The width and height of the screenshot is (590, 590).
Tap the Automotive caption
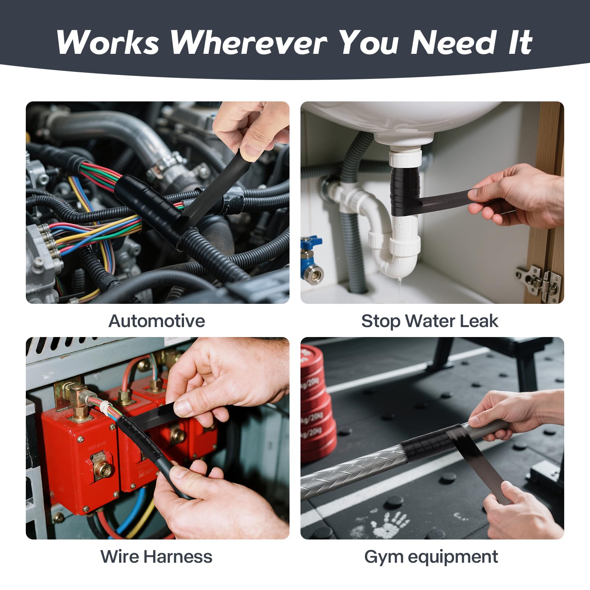tap(157, 321)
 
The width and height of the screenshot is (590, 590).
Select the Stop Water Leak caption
tap(430, 321)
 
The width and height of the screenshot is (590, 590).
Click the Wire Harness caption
tap(156, 556)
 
